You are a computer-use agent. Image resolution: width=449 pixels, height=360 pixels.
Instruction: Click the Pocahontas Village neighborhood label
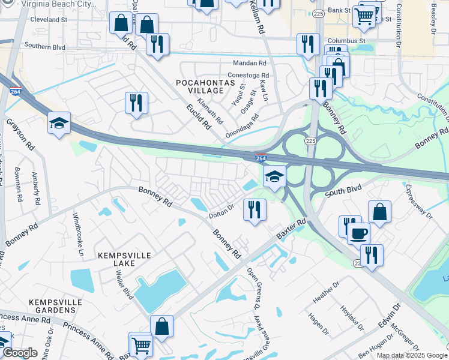pyautogui.click(x=199, y=86)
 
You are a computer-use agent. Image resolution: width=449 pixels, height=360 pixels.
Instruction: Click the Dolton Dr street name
pyautogui.click(x=220, y=213)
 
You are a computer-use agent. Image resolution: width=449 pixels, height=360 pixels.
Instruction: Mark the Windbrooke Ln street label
pyautogui.click(x=79, y=232)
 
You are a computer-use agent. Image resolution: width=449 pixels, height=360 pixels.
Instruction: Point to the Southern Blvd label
pyautogui.click(x=44, y=46)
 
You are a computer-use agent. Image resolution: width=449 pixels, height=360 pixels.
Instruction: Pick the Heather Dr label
pyautogui.click(x=323, y=293)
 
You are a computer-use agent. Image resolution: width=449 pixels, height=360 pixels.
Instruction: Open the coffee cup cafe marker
pyautogui.click(x=359, y=233)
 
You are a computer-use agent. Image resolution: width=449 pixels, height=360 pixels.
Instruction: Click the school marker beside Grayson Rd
pyautogui.click(x=59, y=123)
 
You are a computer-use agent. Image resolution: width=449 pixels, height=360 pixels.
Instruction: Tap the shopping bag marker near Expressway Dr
pyautogui.click(x=379, y=212)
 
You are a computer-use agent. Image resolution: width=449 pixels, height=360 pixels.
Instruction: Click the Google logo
pyautogui.click(x=19, y=353)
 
